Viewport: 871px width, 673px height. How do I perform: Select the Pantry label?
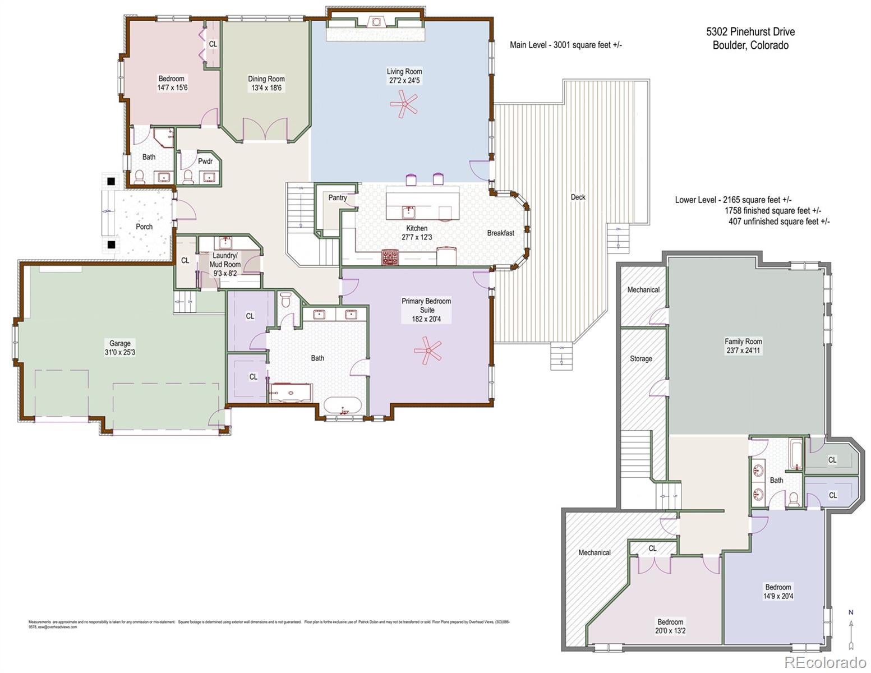[x=338, y=197]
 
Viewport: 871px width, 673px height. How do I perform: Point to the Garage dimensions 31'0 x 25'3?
[x=120, y=352]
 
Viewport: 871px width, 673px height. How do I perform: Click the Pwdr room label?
[x=206, y=162]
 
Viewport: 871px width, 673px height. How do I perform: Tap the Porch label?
[x=144, y=227]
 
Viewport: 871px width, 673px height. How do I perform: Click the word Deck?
[x=578, y=197]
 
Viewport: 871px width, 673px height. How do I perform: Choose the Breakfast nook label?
[x=500, y=233]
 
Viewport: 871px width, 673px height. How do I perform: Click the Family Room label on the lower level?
[x=743, y=341]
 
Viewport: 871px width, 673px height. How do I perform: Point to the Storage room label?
[x=640, y=358]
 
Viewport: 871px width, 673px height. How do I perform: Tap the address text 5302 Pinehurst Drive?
[x=750, y=32]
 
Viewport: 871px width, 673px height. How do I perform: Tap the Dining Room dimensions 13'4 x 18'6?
[x=266, y=88]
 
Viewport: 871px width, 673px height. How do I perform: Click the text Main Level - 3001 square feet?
[x=566, y=45]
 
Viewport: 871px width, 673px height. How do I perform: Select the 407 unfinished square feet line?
[x=778, y=221]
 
